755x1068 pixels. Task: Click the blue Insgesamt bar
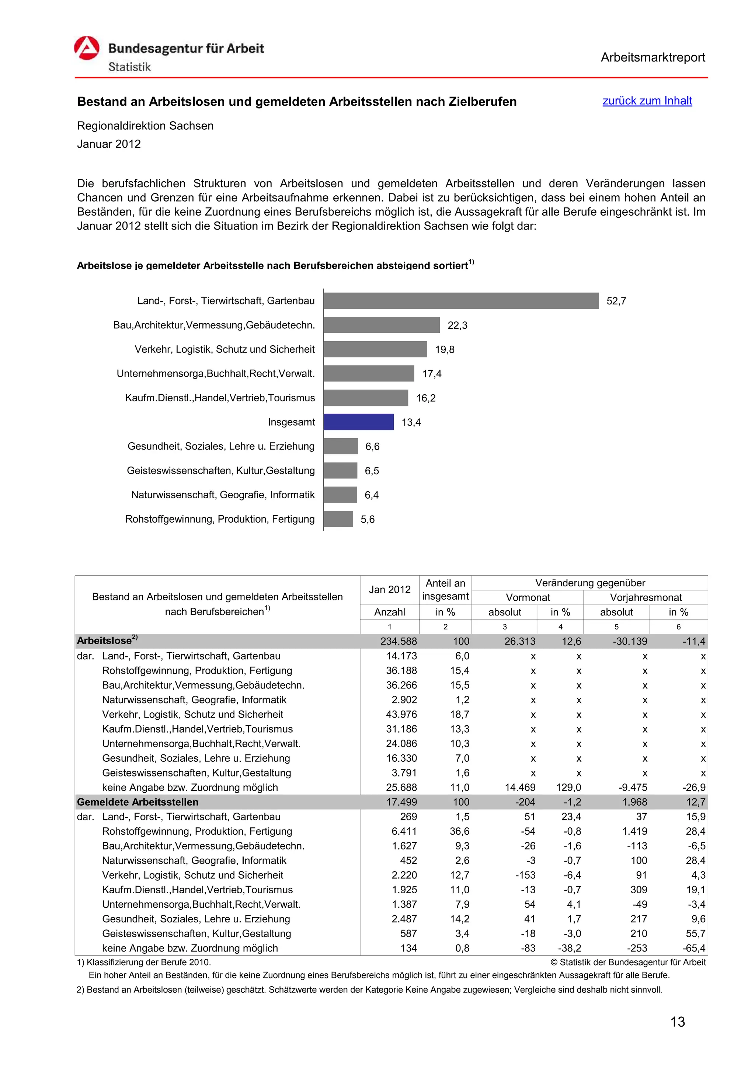click(358, 422)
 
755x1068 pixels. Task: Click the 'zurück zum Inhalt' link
click(647, 101)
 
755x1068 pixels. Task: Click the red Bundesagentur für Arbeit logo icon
click(87, 48)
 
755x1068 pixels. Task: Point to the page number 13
click(677, 1022)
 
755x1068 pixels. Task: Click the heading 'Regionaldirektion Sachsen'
click(145, 126)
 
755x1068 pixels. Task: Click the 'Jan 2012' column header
click(389, 589)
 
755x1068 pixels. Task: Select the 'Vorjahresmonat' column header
click(645, 597)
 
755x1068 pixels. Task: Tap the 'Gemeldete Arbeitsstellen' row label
click(138, 802)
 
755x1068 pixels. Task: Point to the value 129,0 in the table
click(568, 788)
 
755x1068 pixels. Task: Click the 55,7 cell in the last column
click(695, 933)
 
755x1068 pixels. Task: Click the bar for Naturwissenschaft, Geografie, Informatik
click(340, 495)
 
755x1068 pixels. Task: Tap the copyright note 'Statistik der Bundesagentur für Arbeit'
click(628, 962)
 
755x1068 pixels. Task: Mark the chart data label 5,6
click(368, 519)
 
